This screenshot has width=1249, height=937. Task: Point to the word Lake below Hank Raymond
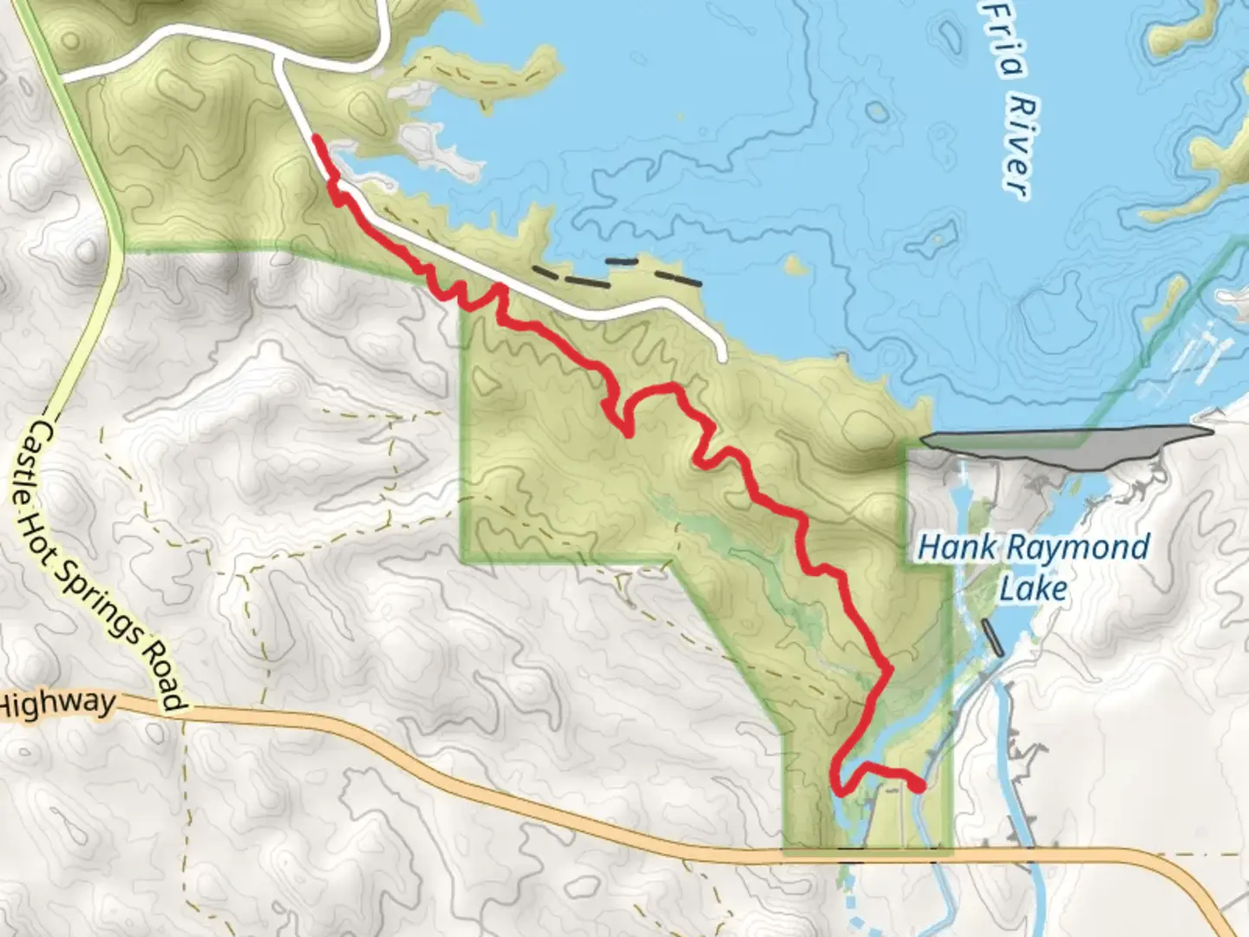click(x=1033, y=589)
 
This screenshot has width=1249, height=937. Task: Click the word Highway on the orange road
click(x=57, y=703)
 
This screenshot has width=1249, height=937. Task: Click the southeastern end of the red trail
click(x=919, y=786)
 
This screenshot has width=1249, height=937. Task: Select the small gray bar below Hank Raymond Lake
click(x=993, y=639)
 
